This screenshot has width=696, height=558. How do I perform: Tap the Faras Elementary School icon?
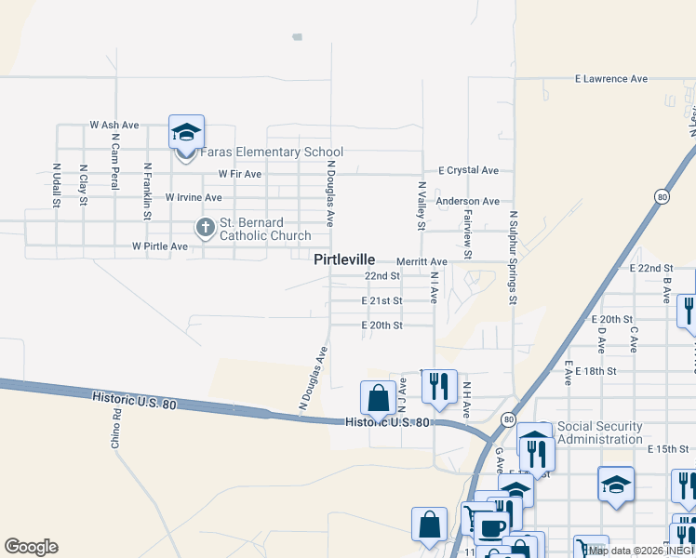click(x=186, y=133)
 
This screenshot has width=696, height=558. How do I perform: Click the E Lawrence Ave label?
click(x=610, y=79)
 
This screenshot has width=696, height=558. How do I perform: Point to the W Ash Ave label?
click(x=114, y=125)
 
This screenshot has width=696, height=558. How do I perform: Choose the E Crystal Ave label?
click(x=469, y=171)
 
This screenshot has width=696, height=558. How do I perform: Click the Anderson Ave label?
click(x=468, y=201)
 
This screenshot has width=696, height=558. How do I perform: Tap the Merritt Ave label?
click(x=422, y=262)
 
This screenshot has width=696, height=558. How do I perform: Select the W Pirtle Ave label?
click(x=160, y=246)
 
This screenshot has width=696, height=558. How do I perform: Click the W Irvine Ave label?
click(x=194, y=197)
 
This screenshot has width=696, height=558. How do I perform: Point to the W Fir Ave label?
click(x=240, y=173)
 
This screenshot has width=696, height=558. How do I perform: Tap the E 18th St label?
click(x=596, y=371)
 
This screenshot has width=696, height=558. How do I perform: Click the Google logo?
click(x=31, y=547)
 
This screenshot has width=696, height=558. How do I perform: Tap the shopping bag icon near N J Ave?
click(x=379, y=398)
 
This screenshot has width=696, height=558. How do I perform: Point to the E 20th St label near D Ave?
click(x=612, y=319)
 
